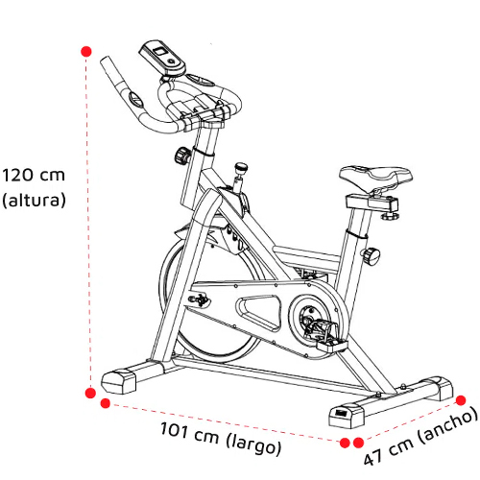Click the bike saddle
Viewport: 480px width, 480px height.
[375, 178]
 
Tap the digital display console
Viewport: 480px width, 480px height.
[162, 58]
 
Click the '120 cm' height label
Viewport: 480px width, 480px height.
[34, 176]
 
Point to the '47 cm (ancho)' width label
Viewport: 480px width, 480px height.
[421, 437]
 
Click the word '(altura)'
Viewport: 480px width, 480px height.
[34, 201]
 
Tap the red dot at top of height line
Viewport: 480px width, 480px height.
[86, 51]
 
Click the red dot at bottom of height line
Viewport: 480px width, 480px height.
[90, 393]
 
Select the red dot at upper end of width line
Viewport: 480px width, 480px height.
[461, 400]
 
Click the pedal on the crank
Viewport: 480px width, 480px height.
[332, 345]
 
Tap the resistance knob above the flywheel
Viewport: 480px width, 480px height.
[241, 167]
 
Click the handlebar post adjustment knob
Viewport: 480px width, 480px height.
[182, 156]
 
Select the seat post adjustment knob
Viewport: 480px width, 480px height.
[372, 255]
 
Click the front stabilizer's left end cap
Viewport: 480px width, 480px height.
[118, 381]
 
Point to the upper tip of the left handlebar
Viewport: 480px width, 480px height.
[105, 60]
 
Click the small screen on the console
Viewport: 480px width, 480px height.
[160, 51]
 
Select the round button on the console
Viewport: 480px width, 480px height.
[172, 61]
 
